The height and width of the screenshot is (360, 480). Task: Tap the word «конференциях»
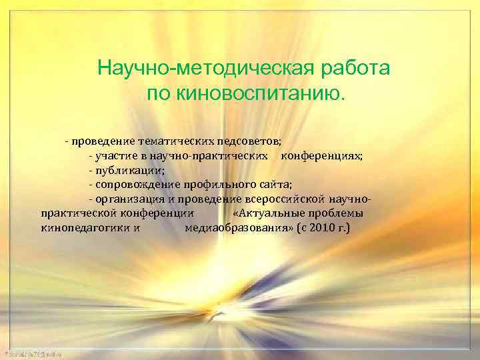[322, 156]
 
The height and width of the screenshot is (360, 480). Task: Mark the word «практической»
[79, 213]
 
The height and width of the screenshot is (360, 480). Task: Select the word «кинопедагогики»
[85, 228]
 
